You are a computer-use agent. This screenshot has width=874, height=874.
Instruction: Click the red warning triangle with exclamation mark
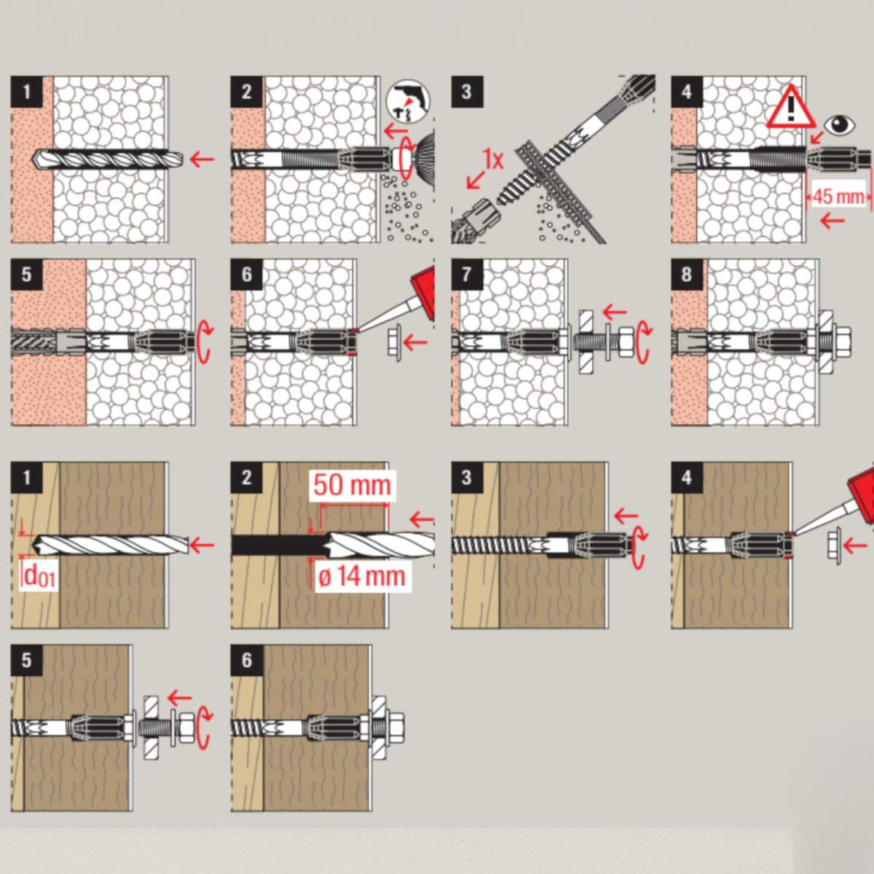pyautogui.click(x=790, y=107)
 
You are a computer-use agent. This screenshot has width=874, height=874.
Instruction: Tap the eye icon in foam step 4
pyautogui.click(x=840, y=125)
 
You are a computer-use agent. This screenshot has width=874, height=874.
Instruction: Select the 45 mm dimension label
pyautogui.click(x=838, y=197)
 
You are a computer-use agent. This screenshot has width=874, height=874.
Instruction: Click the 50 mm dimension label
pyautogui.click(x=352, y=485)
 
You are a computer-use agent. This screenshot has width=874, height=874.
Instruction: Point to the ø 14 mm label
pyautogui.click(x=361, y=576)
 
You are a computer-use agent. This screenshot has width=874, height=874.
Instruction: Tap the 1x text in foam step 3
pyautogui.click(x=492, y=160)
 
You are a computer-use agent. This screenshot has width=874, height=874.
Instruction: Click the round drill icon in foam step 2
pyautogui.click(x=408, y=102)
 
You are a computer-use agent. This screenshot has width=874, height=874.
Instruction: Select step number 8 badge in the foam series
pyautogui.click(x=687, y=275)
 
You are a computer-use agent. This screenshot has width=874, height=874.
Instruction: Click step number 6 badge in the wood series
pyautogui.click(x=246, y=661)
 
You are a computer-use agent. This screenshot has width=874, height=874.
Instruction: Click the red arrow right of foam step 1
pyautogui.click(x=202, y=160)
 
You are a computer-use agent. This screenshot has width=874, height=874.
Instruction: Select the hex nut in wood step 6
pyautogui.click(x=395, y=728)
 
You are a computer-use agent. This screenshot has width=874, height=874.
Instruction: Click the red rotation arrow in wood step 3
pyautogui.click(x=639, y=547)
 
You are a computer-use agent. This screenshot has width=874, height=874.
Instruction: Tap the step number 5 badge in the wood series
pyautogui.click(x=27, y=661)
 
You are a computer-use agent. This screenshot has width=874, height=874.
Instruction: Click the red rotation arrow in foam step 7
pyautogui.click(x=644, y=342)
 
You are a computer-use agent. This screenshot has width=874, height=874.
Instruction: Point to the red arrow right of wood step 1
pyautogui.click(x=202, y=545)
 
